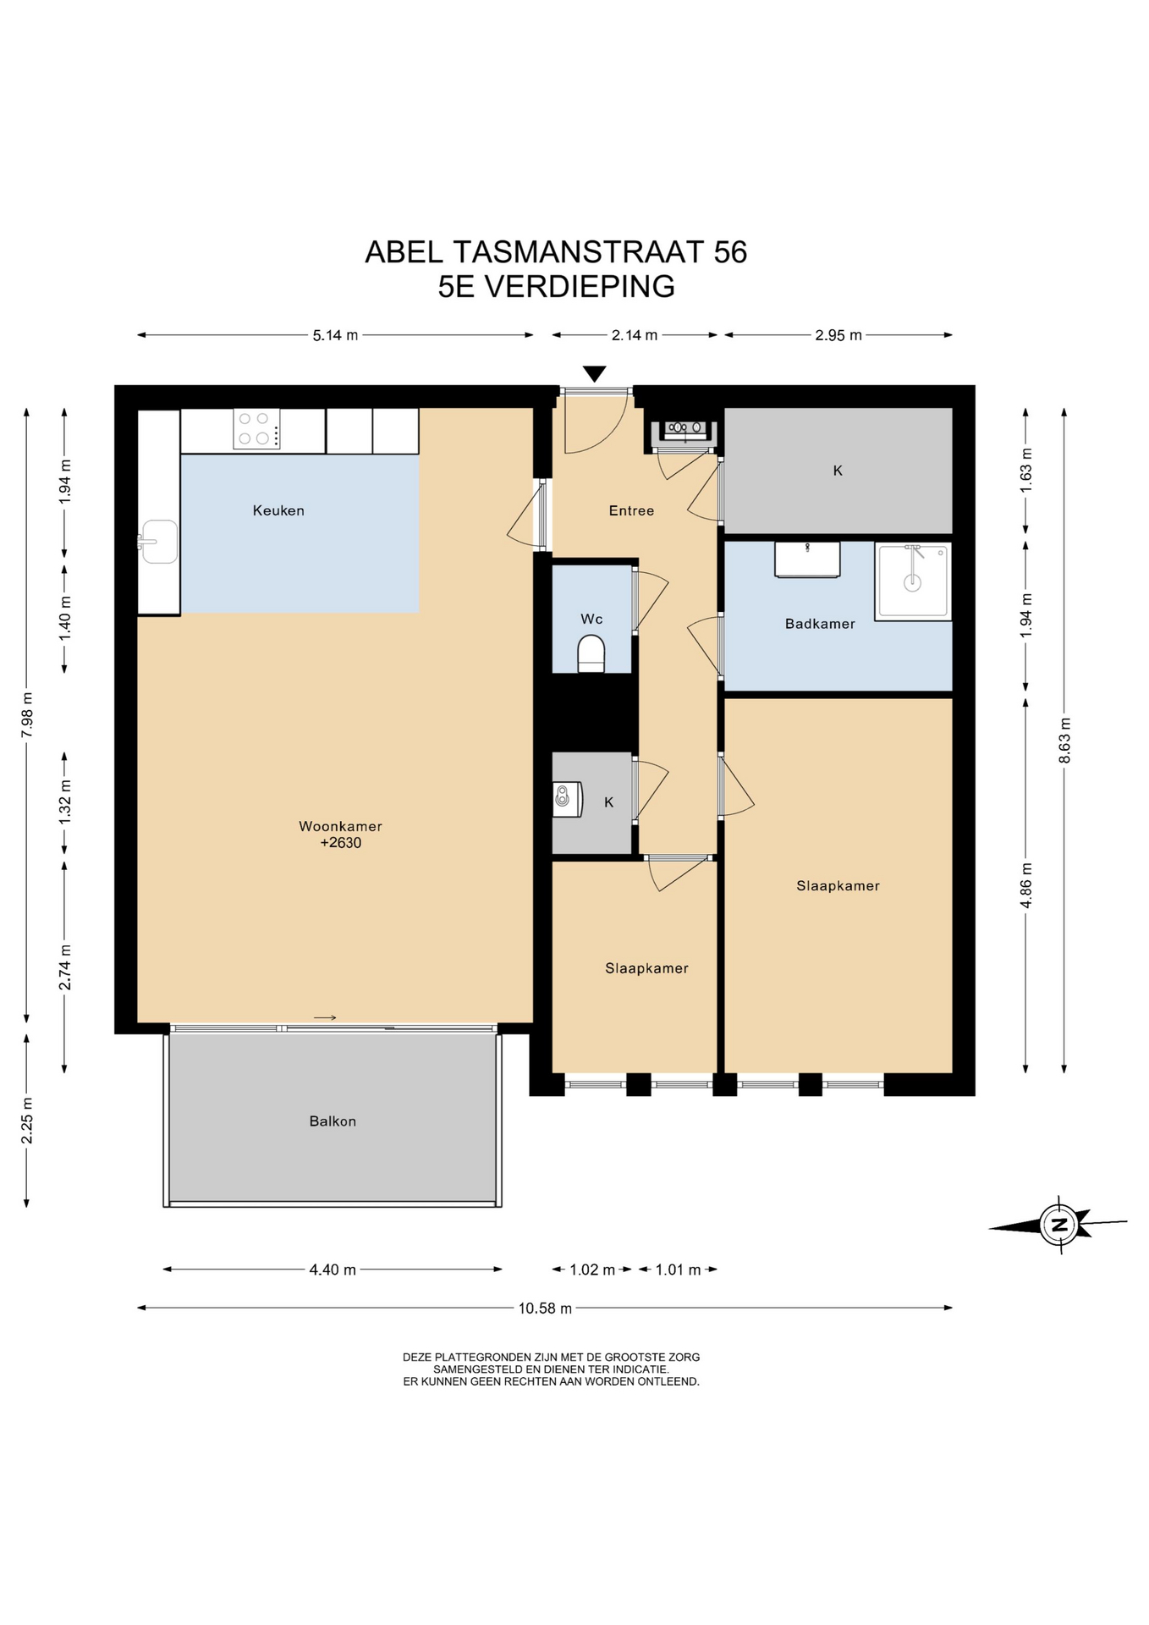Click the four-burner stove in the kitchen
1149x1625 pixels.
pyautogui.click(x=256, y=428)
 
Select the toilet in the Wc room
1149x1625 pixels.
pyautogui.click(x=591, y=655)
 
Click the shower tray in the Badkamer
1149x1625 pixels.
pyautogui.click(x=913, y=581)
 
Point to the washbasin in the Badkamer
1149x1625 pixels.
pyautogui.click(x=807, y=560)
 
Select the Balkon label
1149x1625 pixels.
pyautogui.click(x=333, y=1121)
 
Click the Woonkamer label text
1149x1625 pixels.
pyautogui.click(x=340, y=826)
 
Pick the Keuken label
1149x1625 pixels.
pyautogui.click(x=278, y=510)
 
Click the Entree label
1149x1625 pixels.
pyautogui.click(x=631, y=510)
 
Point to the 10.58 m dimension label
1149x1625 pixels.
pyautogui.click(x=545, y=1308)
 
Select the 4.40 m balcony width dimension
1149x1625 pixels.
pyautogui.click(x=333, y=1270)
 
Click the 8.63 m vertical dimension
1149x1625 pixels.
pyautogui.click(x=1064, y=741)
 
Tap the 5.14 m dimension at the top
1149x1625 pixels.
pyautogui.click(x=335, y=335)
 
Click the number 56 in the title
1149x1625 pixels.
pyautogui.click(x=730, y=252)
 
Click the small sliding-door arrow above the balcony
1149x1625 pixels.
pyautogui.click(x=325, y=1017)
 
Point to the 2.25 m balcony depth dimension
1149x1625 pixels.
pyautogui.click(x=26, y=1121)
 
